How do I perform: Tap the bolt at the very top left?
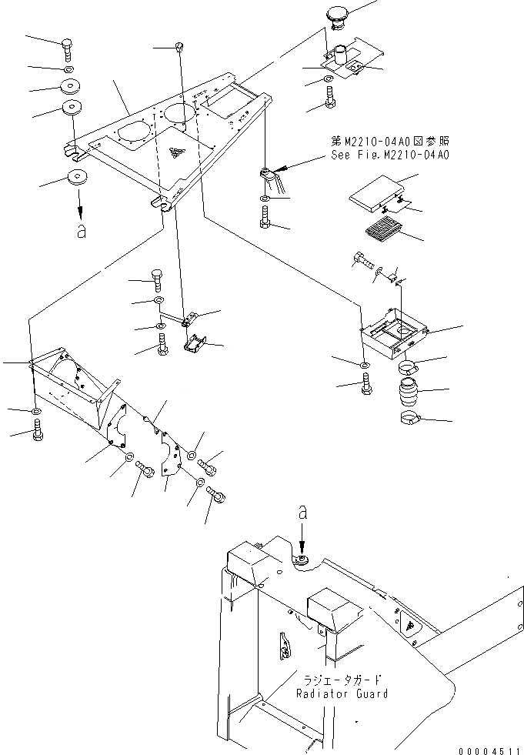point(67,47)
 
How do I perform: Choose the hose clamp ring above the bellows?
point(414,366)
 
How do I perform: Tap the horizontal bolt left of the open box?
point(363,261)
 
